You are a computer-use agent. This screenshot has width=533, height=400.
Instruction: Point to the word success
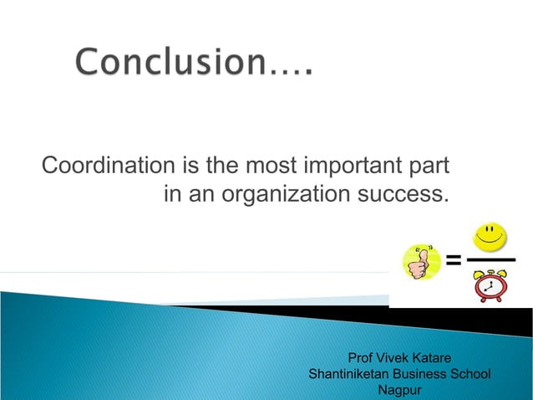click(x=410, y=195)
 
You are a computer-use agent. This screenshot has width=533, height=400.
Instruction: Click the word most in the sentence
click(x=274, y=165)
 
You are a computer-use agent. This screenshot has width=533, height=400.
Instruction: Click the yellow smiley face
click(x=490, y=237)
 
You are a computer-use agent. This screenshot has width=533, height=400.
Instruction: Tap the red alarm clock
click(x=490, y=285)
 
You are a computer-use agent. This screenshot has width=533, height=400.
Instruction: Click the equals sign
click(x=453, y=260)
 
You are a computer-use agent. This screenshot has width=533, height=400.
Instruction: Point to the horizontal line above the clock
click(x=490, y=260)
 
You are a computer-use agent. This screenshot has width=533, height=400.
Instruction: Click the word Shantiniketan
click(x=349, y=374)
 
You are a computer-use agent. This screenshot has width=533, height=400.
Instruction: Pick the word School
click(x=471, y=374)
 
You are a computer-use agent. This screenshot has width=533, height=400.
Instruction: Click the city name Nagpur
click(x=400, y=390)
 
